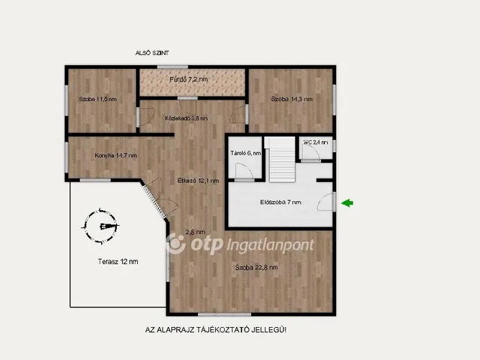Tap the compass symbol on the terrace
102,226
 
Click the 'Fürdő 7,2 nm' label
192,79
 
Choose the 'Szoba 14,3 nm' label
292,98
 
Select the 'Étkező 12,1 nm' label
198,180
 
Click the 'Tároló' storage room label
244,153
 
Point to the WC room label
316,142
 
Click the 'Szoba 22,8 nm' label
256,267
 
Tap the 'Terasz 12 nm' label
118,261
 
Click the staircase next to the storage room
280,160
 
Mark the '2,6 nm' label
196,232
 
